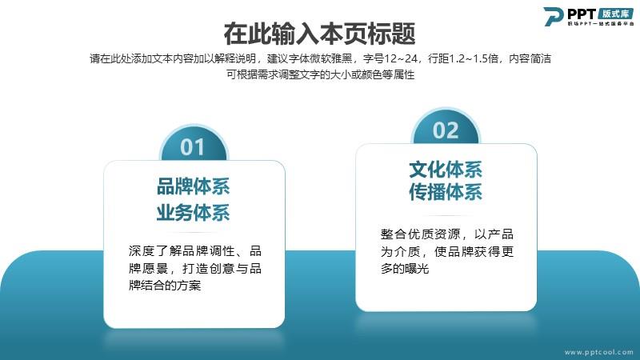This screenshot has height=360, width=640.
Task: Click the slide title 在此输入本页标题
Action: pos(319,34)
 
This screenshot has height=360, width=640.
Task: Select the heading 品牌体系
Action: pos(194,186)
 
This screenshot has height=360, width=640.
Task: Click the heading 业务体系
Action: pos(194,213)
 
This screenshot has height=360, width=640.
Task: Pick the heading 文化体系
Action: pos(446,170)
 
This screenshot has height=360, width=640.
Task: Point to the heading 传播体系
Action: pos(446,192)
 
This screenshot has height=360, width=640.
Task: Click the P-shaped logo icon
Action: pos(554,16)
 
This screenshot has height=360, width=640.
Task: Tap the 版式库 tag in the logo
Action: pos(616,13)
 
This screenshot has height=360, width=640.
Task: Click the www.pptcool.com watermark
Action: pos(599,352)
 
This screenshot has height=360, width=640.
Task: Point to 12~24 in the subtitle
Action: pos(401,58)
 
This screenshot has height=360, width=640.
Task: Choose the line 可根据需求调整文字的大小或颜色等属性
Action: pos(321,74)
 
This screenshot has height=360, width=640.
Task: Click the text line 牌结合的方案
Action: pos(165,286)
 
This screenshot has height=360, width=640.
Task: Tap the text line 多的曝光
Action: pos(405,269)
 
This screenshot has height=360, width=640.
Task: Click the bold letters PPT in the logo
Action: pos(582,14)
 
